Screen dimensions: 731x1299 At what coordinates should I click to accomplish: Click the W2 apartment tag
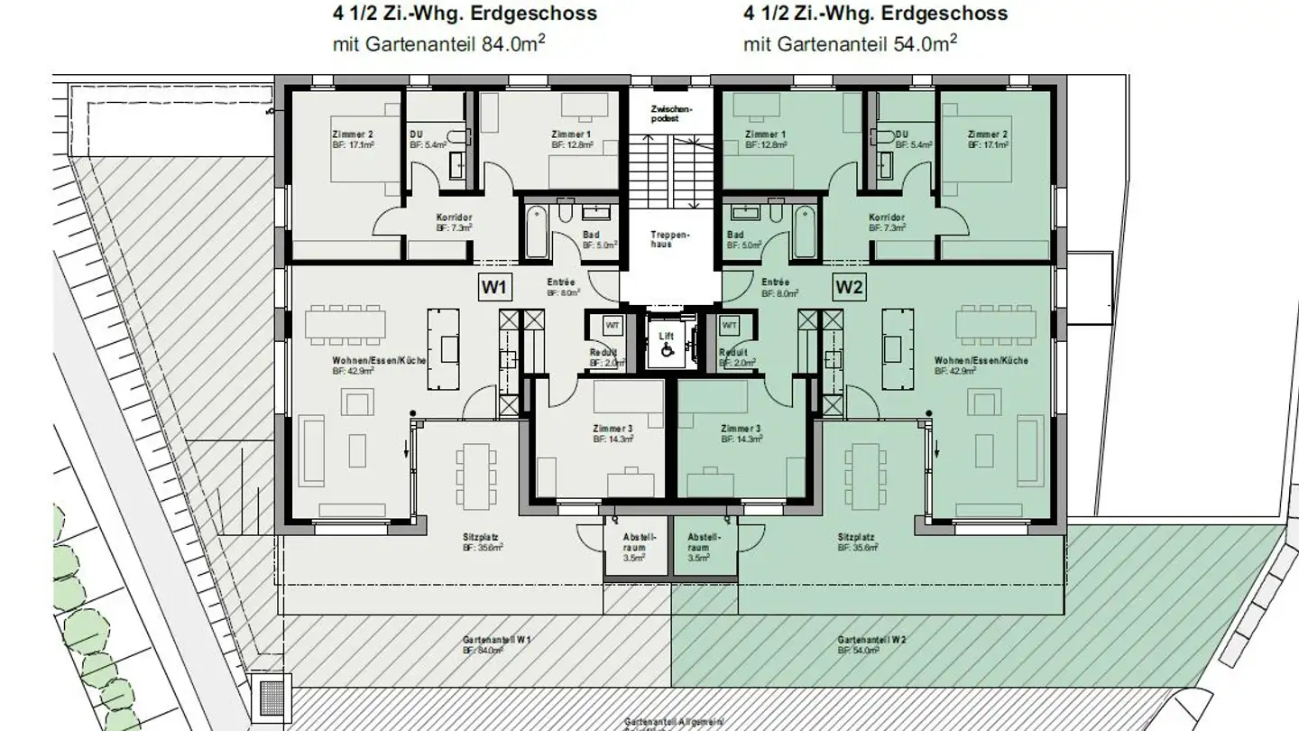click(850, 288)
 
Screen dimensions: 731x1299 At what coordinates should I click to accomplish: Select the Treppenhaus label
click(669, 239)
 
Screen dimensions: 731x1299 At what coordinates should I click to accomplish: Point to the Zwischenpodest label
click(668, 114)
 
